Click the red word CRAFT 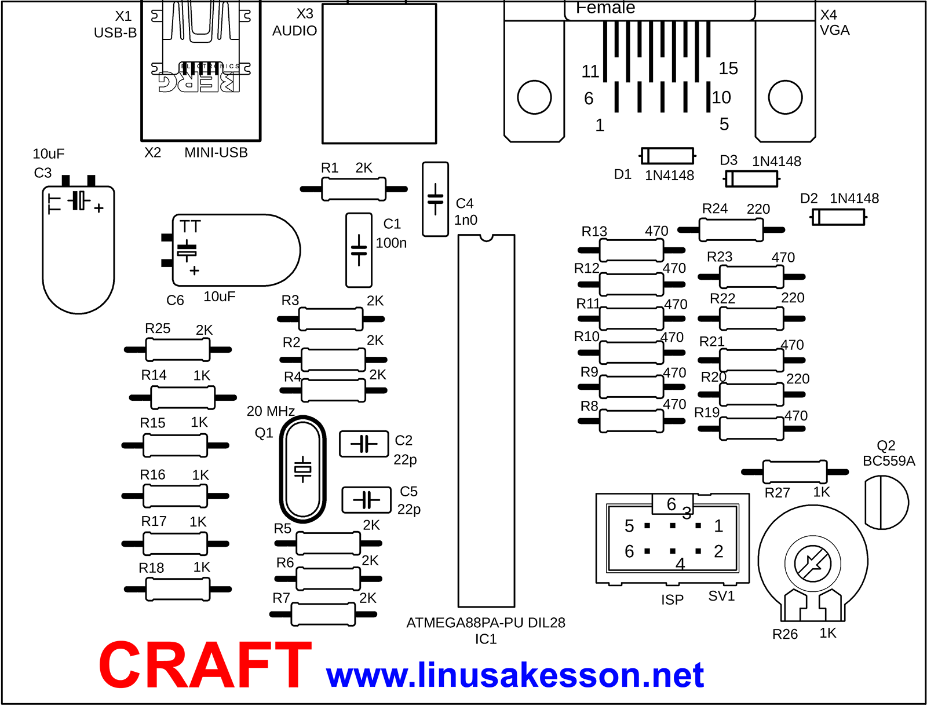pyautogui.click(x=205, y=664)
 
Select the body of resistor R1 pyautogui.click(x=353, y=189)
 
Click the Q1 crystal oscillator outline pyautogui.click(x=302, y=469)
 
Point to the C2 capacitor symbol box pyautogui.click(x=364, y=444)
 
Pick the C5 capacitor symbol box pyautogui.click(x=366, y=500)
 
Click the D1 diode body pyautogui.click(x=667, y=156)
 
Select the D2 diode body pyautogui.click(x=838, y=217)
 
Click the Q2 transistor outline pyautogui.click(x=886, y=502)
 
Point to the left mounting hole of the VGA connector pyautogui.click(x=534, y=97)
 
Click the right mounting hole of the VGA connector pyautogui.click(x=785, y=97)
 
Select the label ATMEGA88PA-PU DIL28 pyautogui.click(x=486, y=623)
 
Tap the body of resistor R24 pyautogui.click(x=731, y=230)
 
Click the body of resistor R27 pyautogui.click(x=795, y=472)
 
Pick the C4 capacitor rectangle pyautogui.click(x=436, y=199)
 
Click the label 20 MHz pyautogui.click(x=271, y=411)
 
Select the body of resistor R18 pyautogui.click(x=177, y=589)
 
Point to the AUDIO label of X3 pyautogui.click(x=294, y=31)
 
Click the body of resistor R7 pyautogui.click(x=323, y=614)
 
